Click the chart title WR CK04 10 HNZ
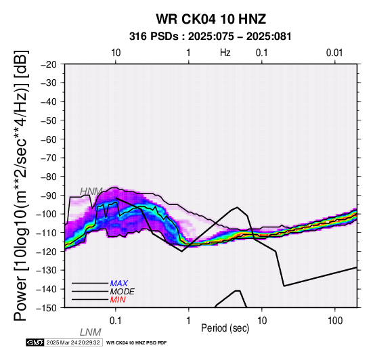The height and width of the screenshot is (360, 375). [211, 19]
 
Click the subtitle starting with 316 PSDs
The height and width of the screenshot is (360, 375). [211, 37]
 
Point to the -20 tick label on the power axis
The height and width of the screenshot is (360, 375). [49, 64]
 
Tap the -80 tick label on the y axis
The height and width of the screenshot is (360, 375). [49, 177]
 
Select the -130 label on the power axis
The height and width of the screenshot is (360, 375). [47, 270]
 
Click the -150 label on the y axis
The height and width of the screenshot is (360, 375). [47, 308]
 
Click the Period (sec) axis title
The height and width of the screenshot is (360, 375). [225, 328]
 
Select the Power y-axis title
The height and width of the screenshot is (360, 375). [21, 185]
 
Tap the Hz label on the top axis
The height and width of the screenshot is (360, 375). [225, 53]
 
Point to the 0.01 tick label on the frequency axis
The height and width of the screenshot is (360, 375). [334, 53]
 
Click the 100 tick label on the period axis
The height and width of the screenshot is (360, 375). [335, 321]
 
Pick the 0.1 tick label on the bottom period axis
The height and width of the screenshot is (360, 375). [116, 321]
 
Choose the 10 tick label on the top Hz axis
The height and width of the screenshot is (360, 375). [116, 53]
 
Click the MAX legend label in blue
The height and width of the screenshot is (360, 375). [119, 284]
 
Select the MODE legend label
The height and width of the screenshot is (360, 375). [123, 292]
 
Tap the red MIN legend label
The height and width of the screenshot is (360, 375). [118, 300]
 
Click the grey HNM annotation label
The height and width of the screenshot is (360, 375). [91, 192]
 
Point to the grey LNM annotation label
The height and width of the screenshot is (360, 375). [91, 332]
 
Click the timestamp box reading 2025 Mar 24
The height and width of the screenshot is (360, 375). [74, 342]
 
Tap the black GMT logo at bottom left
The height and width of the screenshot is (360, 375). [35, 342]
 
